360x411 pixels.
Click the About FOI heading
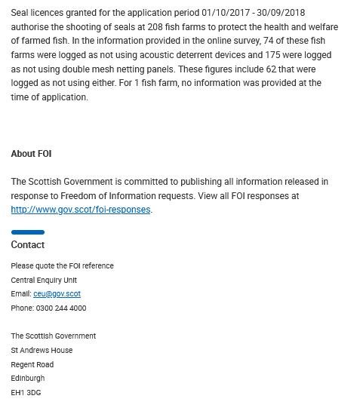[31, 154]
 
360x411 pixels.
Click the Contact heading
[27, 245]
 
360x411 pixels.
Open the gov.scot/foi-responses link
[81, 210]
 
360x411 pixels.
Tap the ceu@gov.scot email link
[57, 294]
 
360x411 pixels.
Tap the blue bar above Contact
[27, 232]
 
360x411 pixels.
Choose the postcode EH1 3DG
[26, 393]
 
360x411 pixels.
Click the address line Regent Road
[32, 365]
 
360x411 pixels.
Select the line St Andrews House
[42, 351]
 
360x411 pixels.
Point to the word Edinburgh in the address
[28, 379]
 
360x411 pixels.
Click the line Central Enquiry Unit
[44, 281]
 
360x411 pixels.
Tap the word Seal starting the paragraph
[20, 13]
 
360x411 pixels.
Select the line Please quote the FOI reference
[62, 266]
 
